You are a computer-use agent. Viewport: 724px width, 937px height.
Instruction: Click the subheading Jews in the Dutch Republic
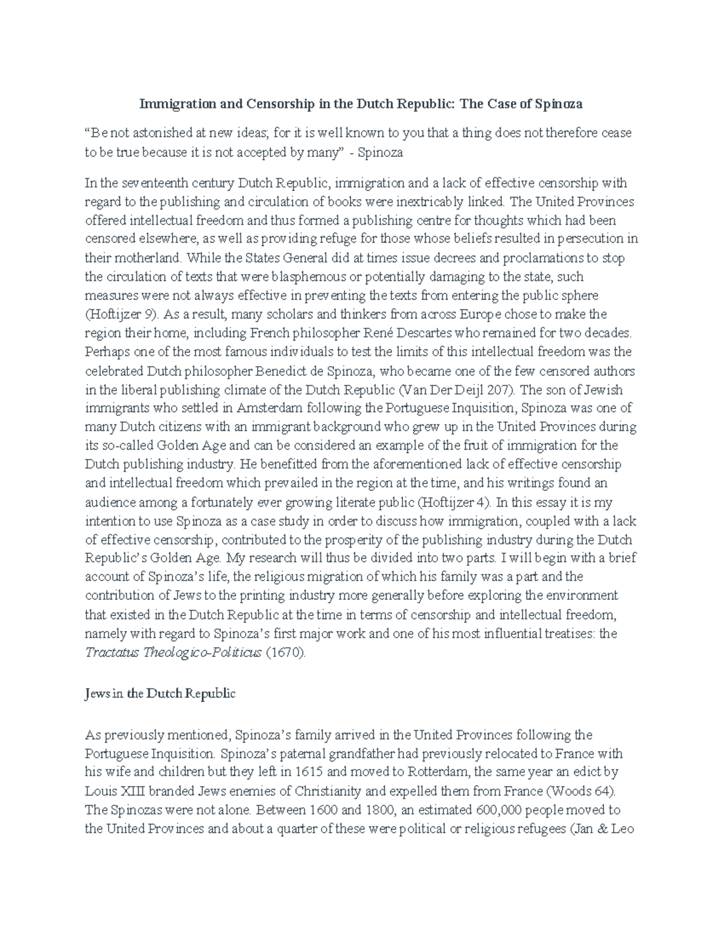160,694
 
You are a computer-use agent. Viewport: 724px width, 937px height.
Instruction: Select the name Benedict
287,370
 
